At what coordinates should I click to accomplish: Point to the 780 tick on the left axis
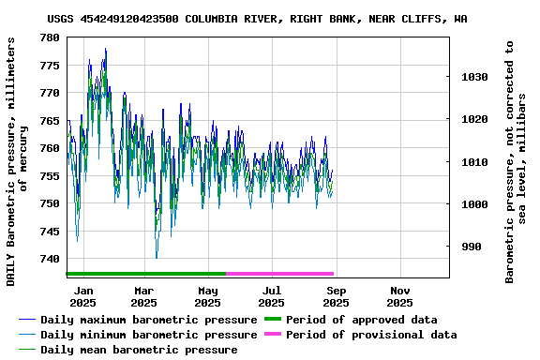50,37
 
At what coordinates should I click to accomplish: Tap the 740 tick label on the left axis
50,259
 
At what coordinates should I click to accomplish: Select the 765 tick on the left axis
50,121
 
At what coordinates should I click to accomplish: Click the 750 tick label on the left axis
50,203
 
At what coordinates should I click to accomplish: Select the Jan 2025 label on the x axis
82,296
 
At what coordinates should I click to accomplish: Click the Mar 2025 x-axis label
143,296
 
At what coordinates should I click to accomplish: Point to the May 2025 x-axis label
207,296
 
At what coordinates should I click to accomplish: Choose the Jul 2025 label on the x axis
271,296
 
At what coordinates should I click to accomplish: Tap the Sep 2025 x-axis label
336,296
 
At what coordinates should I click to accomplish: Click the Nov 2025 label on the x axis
399,296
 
